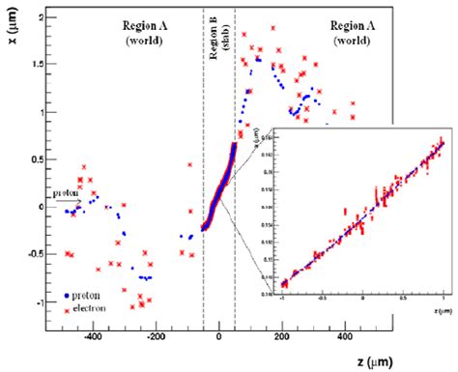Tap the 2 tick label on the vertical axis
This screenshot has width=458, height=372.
(x=28, y=17)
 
